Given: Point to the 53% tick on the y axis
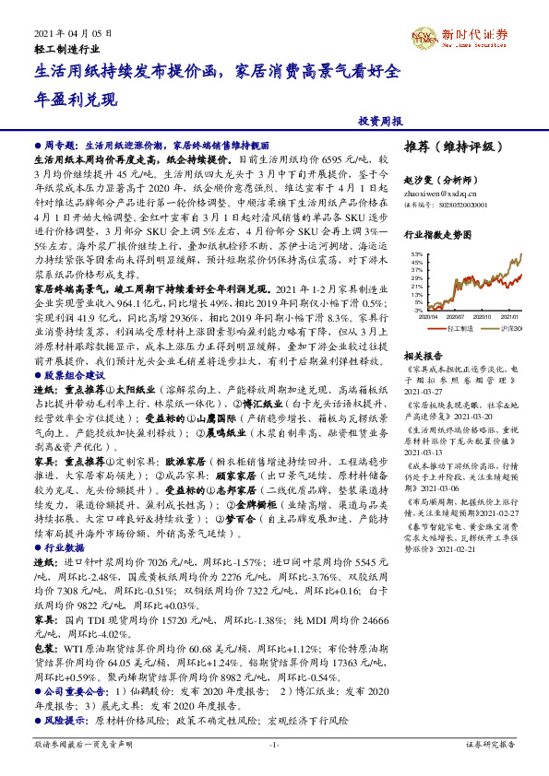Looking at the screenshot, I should (417, 253).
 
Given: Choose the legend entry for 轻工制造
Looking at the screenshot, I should (456, 327).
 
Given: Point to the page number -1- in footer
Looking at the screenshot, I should (274, 744).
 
